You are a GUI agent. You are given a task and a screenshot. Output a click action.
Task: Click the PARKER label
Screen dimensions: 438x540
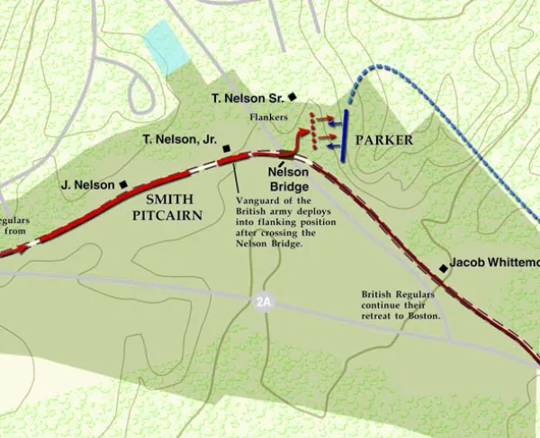point(384,140)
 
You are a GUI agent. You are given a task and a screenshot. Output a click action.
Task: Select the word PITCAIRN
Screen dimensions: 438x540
point(166,217)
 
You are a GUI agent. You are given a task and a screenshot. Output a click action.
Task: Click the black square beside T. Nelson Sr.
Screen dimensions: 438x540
point(292,96)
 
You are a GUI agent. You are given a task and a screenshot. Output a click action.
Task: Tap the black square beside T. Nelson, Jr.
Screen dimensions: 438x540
point(227,148)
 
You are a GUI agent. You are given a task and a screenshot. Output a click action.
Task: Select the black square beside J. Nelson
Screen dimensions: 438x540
point(123,184)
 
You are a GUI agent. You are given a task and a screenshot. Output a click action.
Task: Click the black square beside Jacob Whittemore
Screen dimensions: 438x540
point(444,267)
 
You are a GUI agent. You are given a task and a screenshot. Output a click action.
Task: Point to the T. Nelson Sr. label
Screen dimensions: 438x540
point(245,97)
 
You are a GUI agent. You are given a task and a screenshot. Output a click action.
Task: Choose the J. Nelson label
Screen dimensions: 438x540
point(88,185)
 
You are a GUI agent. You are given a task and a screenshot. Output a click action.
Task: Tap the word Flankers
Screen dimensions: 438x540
point(268,117)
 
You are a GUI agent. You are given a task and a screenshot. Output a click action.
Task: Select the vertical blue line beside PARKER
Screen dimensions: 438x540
point(345,135)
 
